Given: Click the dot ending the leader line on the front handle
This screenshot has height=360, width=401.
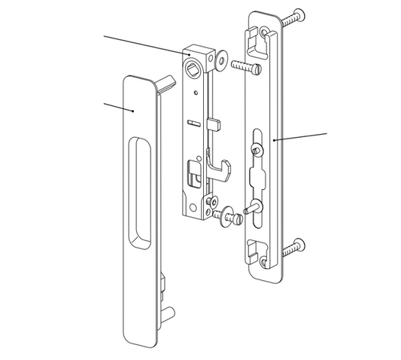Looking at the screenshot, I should click(x=134, y=111).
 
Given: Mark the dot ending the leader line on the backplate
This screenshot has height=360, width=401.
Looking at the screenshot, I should click(x=275, y=140).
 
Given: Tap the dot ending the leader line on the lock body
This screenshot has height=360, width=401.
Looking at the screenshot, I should click(x=190, y=53).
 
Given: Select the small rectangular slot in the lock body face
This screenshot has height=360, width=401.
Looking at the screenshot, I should click(x=193, y=121).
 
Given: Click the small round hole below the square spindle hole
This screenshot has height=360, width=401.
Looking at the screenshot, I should click(x=196, y=93).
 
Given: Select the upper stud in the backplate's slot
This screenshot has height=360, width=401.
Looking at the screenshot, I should click(x=257, y=151).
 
